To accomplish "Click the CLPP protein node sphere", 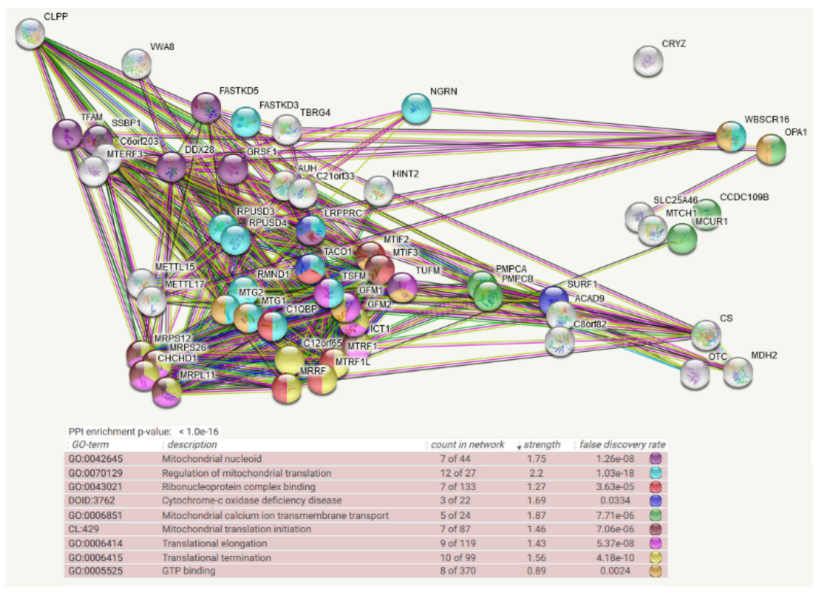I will click(x=30, y=34).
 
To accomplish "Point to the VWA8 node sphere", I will click(x=136, y=64).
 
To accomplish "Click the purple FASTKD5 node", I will click(x=206, y=107).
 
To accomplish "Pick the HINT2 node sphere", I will click(x=378, y=191).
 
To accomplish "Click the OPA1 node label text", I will click(x=796, y=132).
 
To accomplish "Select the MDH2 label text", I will click(x=764, y=355).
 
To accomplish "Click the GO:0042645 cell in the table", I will click(x=96, y=459).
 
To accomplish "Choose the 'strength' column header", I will click(x=542, y=445).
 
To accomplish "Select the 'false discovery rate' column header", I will click(x=622, y=445).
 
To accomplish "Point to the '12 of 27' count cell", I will click(x=457, y=473).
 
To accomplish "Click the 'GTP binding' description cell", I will click(x=189, y=571).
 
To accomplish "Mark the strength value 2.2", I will click(x=536, y=473).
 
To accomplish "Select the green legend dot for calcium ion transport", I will click(x=655, y=515).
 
